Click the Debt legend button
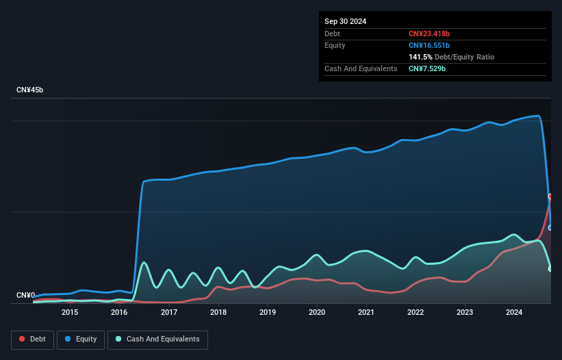click(x=31, y=339)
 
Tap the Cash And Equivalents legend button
click(x=157, y=339)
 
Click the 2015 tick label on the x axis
click(x=70, y=313)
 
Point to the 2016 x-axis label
click(x=119, y=313)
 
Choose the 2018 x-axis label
click(x=218, y=313)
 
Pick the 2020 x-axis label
click(x=317, y=313)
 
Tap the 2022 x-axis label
click(x=416, y=313)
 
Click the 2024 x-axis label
click(x=514, y=313)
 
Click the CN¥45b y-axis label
click(x=30, y=90)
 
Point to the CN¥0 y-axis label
click(x=25, y=296)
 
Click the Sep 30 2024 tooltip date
click(x=345, y=21)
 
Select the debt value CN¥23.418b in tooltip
click(x=430, y=34)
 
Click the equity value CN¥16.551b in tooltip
click(x=430, y=45)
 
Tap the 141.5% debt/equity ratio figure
click(x=420, y=57)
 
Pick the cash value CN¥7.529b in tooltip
click(x=427, y=69)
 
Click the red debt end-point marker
click(x=550, y=196)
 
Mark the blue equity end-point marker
click(x=550, y=228)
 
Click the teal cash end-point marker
click(x=550, y=269)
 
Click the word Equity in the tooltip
click(x=335, y=45)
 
